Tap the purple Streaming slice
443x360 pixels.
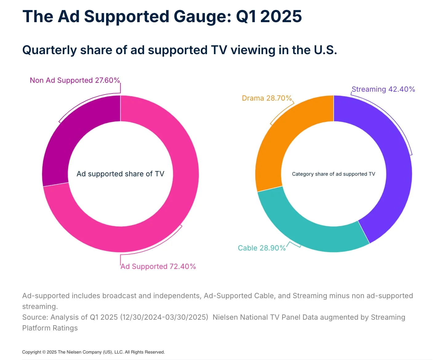tap(397, 172)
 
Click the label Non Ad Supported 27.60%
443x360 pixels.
tap(75, 80)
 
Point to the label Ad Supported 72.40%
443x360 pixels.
tap(158, 266)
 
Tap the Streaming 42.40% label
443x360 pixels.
tap(383, 89)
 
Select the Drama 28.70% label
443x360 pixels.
tap(266, 98)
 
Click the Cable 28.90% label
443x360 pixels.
tap(262, 248)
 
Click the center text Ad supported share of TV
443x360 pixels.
tap(120, 174)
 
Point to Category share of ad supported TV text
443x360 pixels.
tap(333, 174)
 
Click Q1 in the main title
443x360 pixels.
tap(246, 16)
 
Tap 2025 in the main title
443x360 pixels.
tap(281, 16)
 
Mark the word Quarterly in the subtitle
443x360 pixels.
tap(50, 50)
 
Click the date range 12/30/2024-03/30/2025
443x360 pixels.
tap(164, 317)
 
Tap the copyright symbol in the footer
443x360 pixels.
tap(44, 352)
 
